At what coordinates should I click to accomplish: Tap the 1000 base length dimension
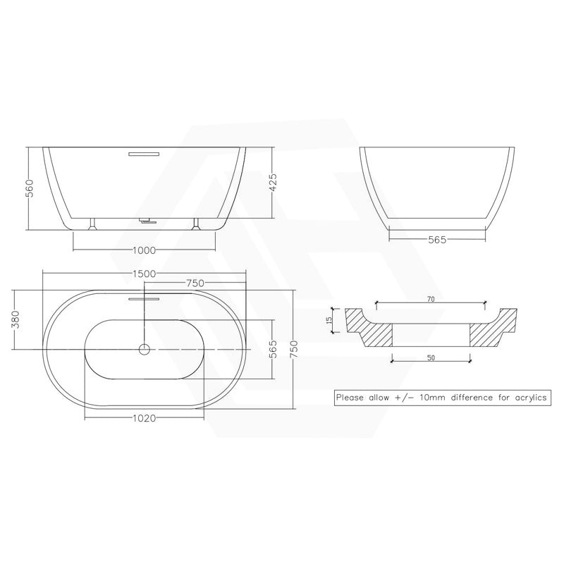[x=144, y=250]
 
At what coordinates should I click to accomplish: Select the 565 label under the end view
[x=436, y=240]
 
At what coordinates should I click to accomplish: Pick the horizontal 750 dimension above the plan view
[x=195, y=283]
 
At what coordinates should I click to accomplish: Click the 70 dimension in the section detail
[x=431, y=300]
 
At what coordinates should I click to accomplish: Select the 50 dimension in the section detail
[x=431, y=357]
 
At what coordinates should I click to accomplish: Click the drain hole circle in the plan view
[x=145, y=349]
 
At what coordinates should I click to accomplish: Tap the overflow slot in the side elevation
[x=144, y=152]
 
